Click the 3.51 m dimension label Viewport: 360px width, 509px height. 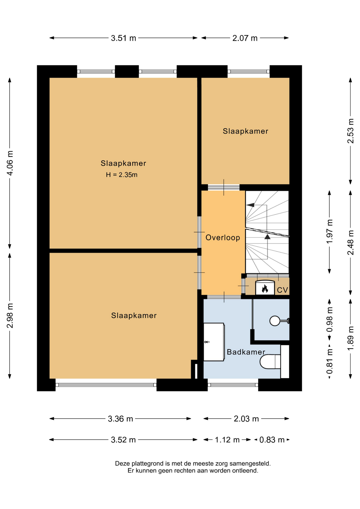click(x=123, y=38)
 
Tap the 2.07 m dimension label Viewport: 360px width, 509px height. click(x=245, y=38)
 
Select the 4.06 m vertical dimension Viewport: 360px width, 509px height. click(x=10, y=163)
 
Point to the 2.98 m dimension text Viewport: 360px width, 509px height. click(x=10, y=315)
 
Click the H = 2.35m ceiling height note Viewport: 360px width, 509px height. click(x=122, y=175)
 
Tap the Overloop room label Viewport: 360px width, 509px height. click(x=223, y=238)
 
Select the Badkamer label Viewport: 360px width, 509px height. click(x=246, y=352)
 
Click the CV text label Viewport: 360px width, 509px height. click(x=282, y=290)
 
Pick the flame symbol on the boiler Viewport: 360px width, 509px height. click(x=265, y=289)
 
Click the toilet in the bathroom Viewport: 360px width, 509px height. click(x=270, y=362)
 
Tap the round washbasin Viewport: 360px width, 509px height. click(x=275, y=321)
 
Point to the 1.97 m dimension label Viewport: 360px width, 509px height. click(x=330, y=231)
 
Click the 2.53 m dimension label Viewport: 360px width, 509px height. click(x=350, y=131)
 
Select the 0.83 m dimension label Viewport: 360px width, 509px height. click(x=272, y=440)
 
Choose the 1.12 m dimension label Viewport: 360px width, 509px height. click(x=227, y=440)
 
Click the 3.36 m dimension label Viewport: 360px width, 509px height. click(x=120, y=419)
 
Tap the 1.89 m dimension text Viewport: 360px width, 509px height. click(x=350, y=338)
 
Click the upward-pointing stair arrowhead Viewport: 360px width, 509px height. click(x=267, y=237)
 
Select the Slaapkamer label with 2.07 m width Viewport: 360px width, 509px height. click(x=245, y=131)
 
